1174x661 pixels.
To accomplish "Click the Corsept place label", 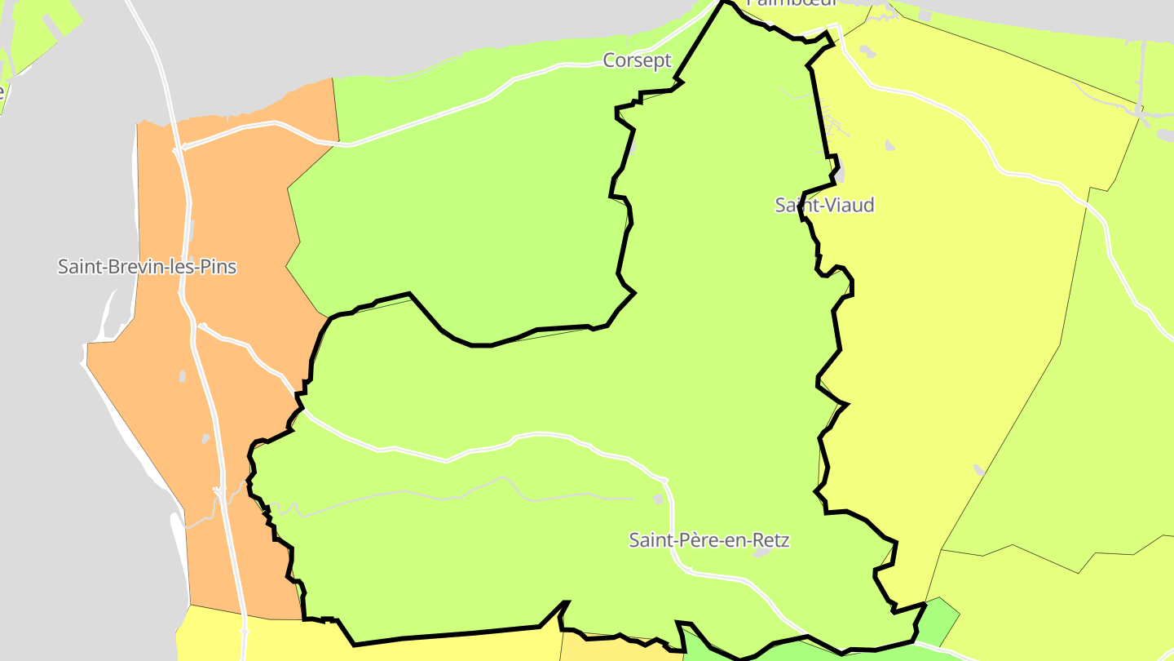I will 637,60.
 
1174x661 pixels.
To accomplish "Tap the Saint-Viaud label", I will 824,205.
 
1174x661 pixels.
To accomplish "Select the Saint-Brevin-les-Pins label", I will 147,267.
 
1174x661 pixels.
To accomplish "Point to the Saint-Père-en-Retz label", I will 709,540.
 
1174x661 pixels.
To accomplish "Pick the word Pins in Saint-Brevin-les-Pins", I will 220,267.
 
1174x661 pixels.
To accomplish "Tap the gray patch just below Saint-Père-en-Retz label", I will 762,553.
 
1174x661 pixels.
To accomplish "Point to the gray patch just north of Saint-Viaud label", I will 839,175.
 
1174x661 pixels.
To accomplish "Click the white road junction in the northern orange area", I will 178,149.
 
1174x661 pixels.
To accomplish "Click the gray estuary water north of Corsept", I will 489,33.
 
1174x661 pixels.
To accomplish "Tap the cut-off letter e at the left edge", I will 2,91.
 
